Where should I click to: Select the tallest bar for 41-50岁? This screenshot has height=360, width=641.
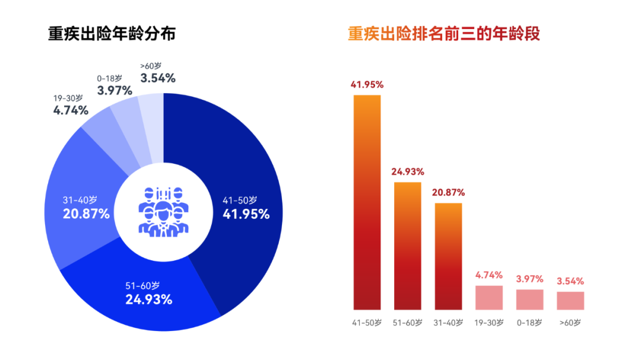pos(367,202)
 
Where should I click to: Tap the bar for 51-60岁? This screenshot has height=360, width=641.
pos(408,246)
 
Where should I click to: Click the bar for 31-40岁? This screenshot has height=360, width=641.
pos(448,256)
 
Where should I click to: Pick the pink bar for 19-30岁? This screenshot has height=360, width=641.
pos(489,298)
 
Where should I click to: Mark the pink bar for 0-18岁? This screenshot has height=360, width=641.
pos(529,300)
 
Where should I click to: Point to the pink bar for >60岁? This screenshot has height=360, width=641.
pos(570,301)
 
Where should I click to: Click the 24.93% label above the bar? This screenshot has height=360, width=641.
pos(408,172)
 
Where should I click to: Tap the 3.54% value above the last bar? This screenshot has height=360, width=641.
pos(570,281)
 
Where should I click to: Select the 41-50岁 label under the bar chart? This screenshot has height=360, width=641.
pos(367,323)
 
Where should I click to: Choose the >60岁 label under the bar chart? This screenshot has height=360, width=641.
pos(570,323)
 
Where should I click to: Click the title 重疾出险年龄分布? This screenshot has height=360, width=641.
pos(112,34)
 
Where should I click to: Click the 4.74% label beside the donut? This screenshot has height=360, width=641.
pos(71,110)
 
